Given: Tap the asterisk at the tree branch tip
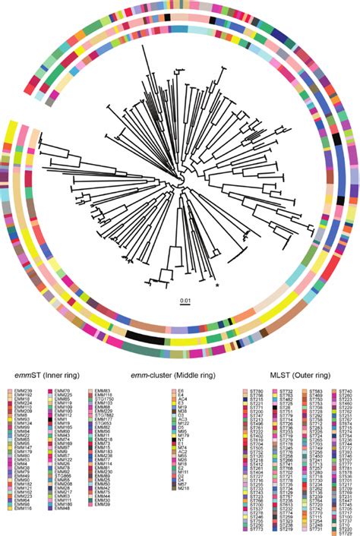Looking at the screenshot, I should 218,285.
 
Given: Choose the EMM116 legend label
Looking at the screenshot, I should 24,526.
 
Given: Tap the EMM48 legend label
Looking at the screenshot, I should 63,526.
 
